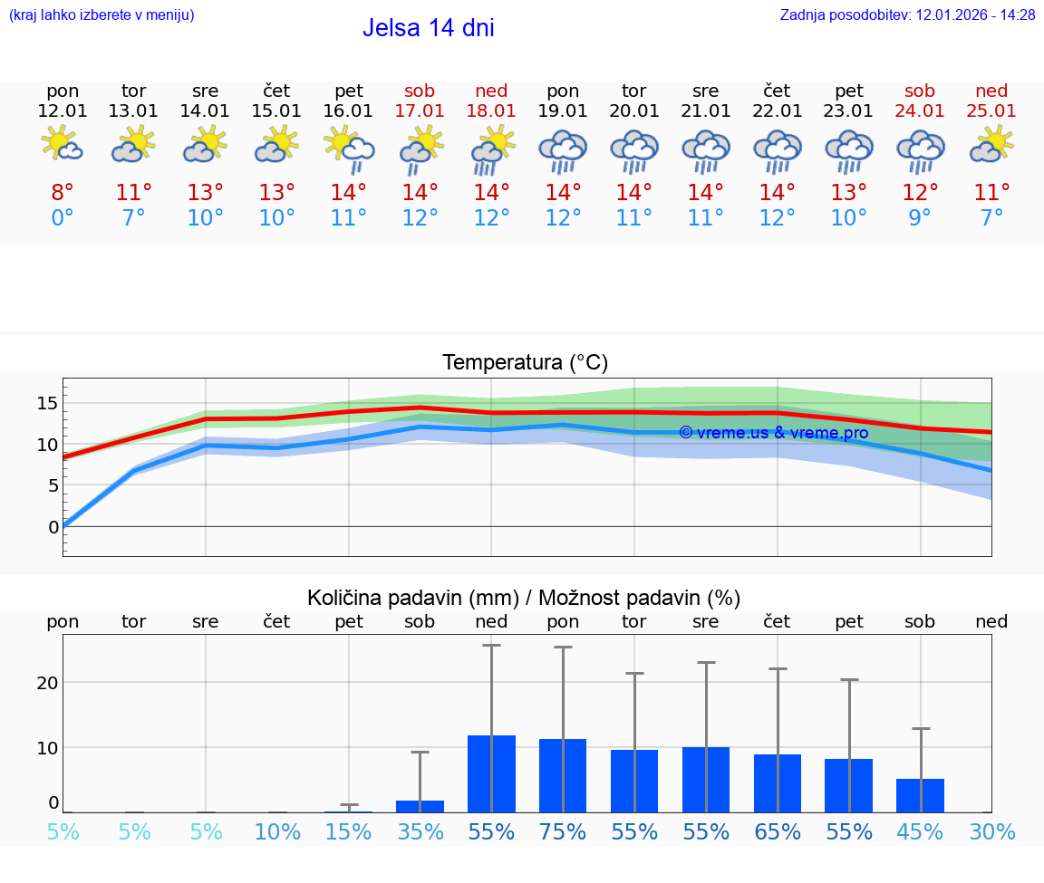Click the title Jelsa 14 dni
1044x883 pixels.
pyautogui.click(x=428, y=28)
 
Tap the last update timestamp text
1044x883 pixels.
pyautogui.click(x=907, y=15)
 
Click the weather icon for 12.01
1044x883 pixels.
pyautogui.click(x=63, y=144)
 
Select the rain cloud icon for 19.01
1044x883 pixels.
pyautogui.click(x=563, y=150)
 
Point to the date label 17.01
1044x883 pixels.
pyautogui.click(x=420, y=110)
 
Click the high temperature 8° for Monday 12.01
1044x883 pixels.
pyautogui.click(x=63, y=192)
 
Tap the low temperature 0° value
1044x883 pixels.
pyautogui.click(x=63, y=217)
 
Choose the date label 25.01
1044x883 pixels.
pyautogui.click(x=991, y=110)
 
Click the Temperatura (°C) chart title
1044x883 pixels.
pyautogui.click(x=525, y=362)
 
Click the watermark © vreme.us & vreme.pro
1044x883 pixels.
pyautogui.click(x=773, y=433)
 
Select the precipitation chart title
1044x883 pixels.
pyautogui.click(x=524, y=598)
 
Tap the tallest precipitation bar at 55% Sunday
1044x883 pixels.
pyautogui.click(x=491, y=773)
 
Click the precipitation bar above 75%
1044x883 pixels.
pyautogui.click(x=563, y=775)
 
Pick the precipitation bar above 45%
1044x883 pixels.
pyautogui.click(x=920, y=795)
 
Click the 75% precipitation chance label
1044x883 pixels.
pyautogui.click(x=563, y=831)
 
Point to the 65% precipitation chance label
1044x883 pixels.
pyautogui.click(x=778, y=831)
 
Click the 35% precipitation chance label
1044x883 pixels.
pyautogui.click(x=420, y=831)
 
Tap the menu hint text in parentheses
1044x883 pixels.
pyautogui.click(x=101, y=15)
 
